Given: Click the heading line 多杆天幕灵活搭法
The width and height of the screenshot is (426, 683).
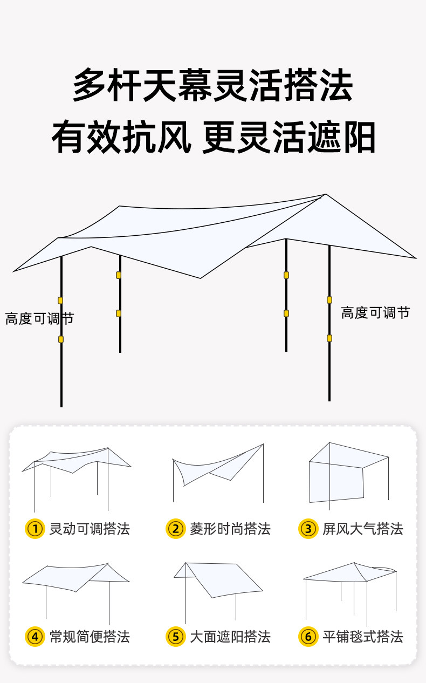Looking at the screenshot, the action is pos(213,85).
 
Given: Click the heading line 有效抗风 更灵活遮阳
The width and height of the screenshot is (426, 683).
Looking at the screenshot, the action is pos(213,138).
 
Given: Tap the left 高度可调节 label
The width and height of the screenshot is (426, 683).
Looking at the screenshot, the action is pos(39,319).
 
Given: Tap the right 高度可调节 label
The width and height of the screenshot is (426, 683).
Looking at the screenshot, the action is pos(375,312).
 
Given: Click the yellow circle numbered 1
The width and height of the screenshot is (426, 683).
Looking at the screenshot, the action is pos(35,529).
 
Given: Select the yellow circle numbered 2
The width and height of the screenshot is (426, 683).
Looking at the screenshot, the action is pos(175,529).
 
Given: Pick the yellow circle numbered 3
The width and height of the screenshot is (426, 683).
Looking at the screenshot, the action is pos(308,529).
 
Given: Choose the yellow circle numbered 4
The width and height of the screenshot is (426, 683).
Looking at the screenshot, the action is pos(35,637).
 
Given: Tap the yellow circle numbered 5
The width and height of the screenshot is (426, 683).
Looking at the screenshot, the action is pos(175,637).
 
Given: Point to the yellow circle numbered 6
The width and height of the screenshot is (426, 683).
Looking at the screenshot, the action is pos(308,637).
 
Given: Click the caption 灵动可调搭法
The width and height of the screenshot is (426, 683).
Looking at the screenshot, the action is pos(90,529).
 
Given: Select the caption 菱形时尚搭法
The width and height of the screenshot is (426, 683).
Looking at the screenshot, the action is pos(230,529).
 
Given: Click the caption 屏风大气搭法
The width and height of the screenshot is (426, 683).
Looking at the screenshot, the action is pos(363,529).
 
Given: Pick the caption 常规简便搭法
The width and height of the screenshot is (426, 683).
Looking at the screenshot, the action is pos(90,637).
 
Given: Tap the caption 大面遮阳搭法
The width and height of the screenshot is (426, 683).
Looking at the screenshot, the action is pos(230,637).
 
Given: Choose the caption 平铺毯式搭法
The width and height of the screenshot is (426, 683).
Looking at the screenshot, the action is pos(363,637).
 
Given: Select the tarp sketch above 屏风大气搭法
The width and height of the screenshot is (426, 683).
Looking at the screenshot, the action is pos(345,472).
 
